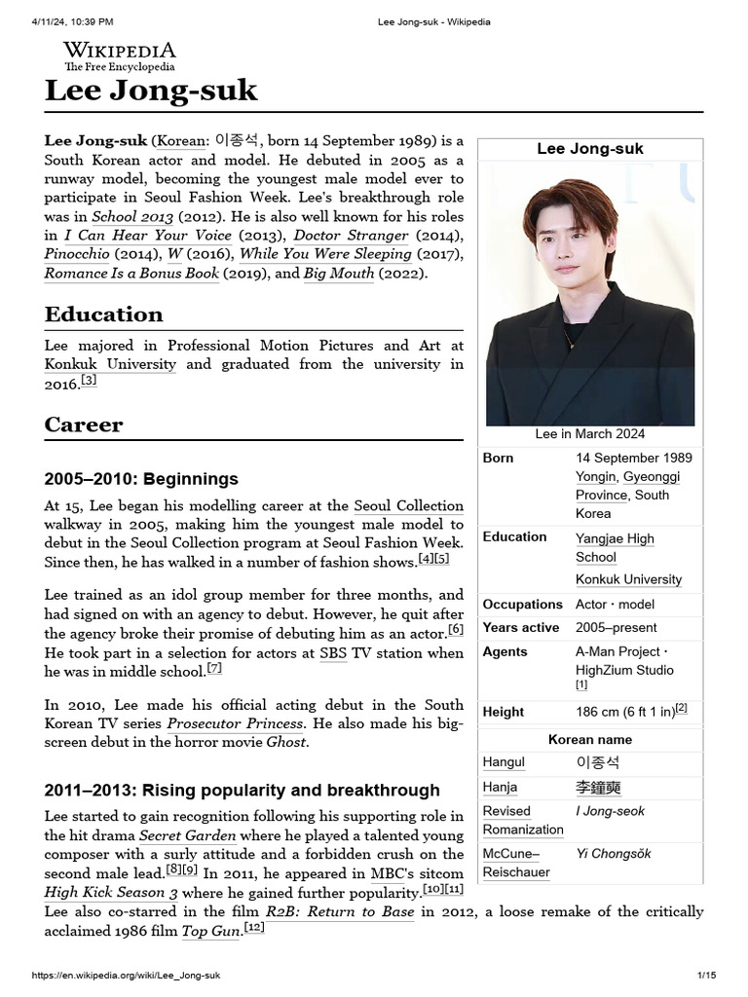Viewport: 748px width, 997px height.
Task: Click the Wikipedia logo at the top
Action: (x=119, y=55)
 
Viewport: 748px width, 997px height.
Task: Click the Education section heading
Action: (x=103, y=314)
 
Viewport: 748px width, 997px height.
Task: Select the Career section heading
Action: (x=84, y=425)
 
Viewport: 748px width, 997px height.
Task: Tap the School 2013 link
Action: (x=132, y=217)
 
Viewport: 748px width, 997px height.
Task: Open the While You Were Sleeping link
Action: (x=325, y=254)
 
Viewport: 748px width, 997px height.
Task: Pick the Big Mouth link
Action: (x=339, y=274)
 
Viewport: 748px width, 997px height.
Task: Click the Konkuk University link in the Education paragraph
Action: (x=110, y=364)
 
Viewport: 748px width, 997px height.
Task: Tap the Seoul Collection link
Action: (x=408, y=505)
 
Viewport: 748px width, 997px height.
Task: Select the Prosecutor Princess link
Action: (x=235, y=723)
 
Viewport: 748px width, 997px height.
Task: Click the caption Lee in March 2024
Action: (x=589, y=434)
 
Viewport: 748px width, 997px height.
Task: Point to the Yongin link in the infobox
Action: (x=595, y=476)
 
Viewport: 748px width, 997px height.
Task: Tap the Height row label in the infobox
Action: (x=503, y=712)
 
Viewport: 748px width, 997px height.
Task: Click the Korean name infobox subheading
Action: (x=589, y=740)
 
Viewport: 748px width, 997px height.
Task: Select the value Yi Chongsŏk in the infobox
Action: (x=614, y=854)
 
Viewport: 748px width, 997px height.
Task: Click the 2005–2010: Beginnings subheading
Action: (x=141, y=479)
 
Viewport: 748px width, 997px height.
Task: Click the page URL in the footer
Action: (x=127, y=976)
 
